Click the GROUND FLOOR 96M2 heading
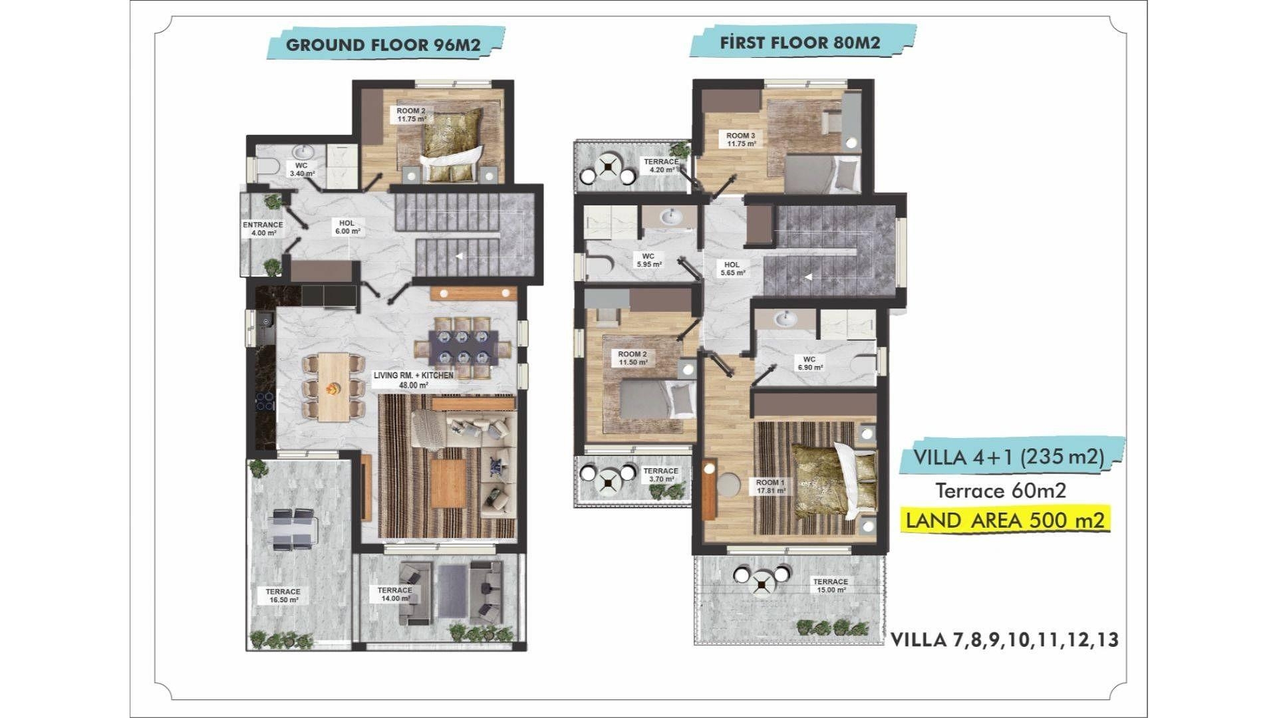click(x=383, y=45)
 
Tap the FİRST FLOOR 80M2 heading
click(x=800, y=43)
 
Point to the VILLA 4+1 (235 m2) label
click(x=1009, y=457)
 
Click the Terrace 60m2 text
click(x=1001, y=491)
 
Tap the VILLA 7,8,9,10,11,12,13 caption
click(x=1004, y=640)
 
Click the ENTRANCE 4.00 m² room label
click(x=263, y=229)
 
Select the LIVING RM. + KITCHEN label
click(x=414, y=380)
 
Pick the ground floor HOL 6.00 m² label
click(x=347, y=227)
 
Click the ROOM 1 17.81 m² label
click(x=771, y=487)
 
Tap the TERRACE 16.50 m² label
click(x=283, y=596)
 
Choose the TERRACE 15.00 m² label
click(x=830, y=586)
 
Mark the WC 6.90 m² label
click(x=809, y=363)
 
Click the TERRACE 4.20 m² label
click(x=661, y=166)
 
